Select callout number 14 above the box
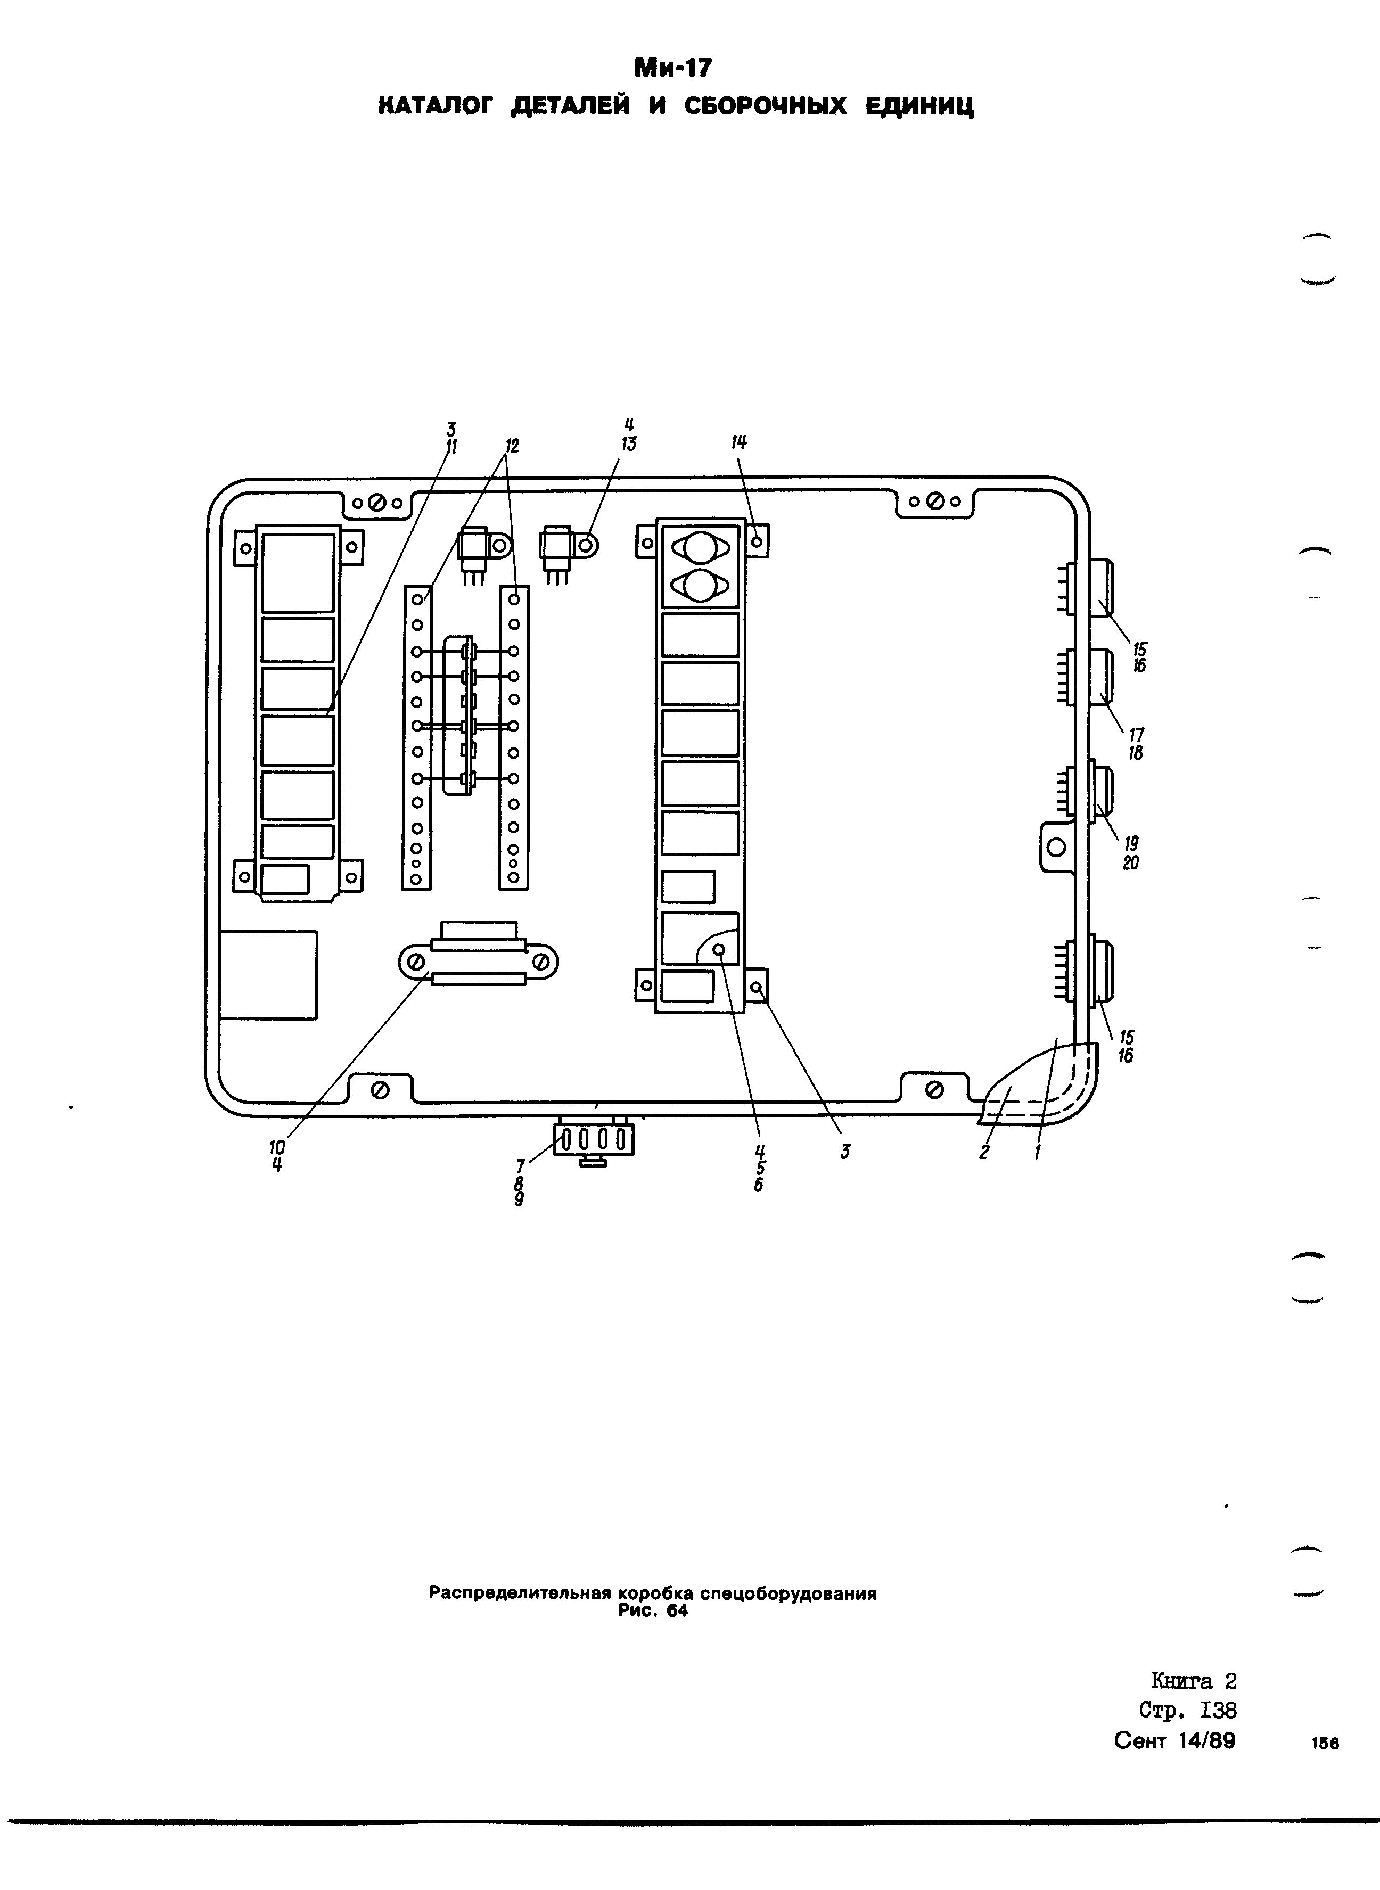pyautogui.click(x=738, y=442)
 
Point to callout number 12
pyautogui.click(x=511, y=446)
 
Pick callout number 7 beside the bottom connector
pyautogui.click(x=520, y=1165)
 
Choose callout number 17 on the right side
pyautogui.click(x=1136, y=735)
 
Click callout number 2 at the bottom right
pyautogui.click(x=984, y=1153)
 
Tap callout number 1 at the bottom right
pyautogui.click(x=1037, y=1153)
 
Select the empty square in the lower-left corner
pyautogui.click(x=268, y=975)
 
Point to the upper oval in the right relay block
pyautogui.click(x=700, y=548)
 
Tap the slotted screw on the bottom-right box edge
pyautogui.click(x=935, y=1090)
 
